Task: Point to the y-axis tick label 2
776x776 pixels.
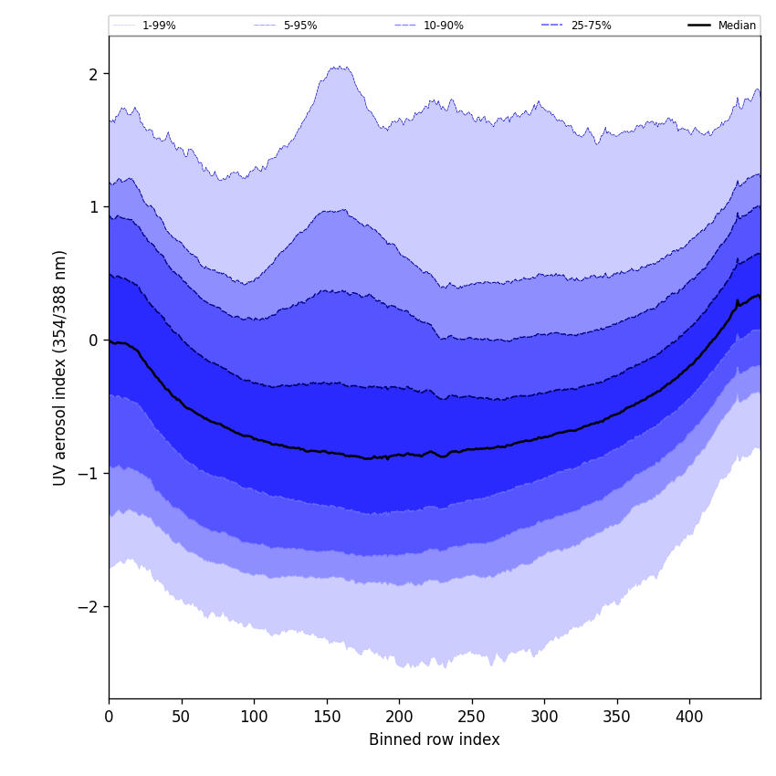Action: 93,74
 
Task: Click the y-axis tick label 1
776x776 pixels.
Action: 93,207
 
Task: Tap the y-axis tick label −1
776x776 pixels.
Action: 89,474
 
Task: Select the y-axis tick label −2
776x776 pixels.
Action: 89,607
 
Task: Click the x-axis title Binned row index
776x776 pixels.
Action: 435,740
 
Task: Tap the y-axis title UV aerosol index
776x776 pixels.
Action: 60,367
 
